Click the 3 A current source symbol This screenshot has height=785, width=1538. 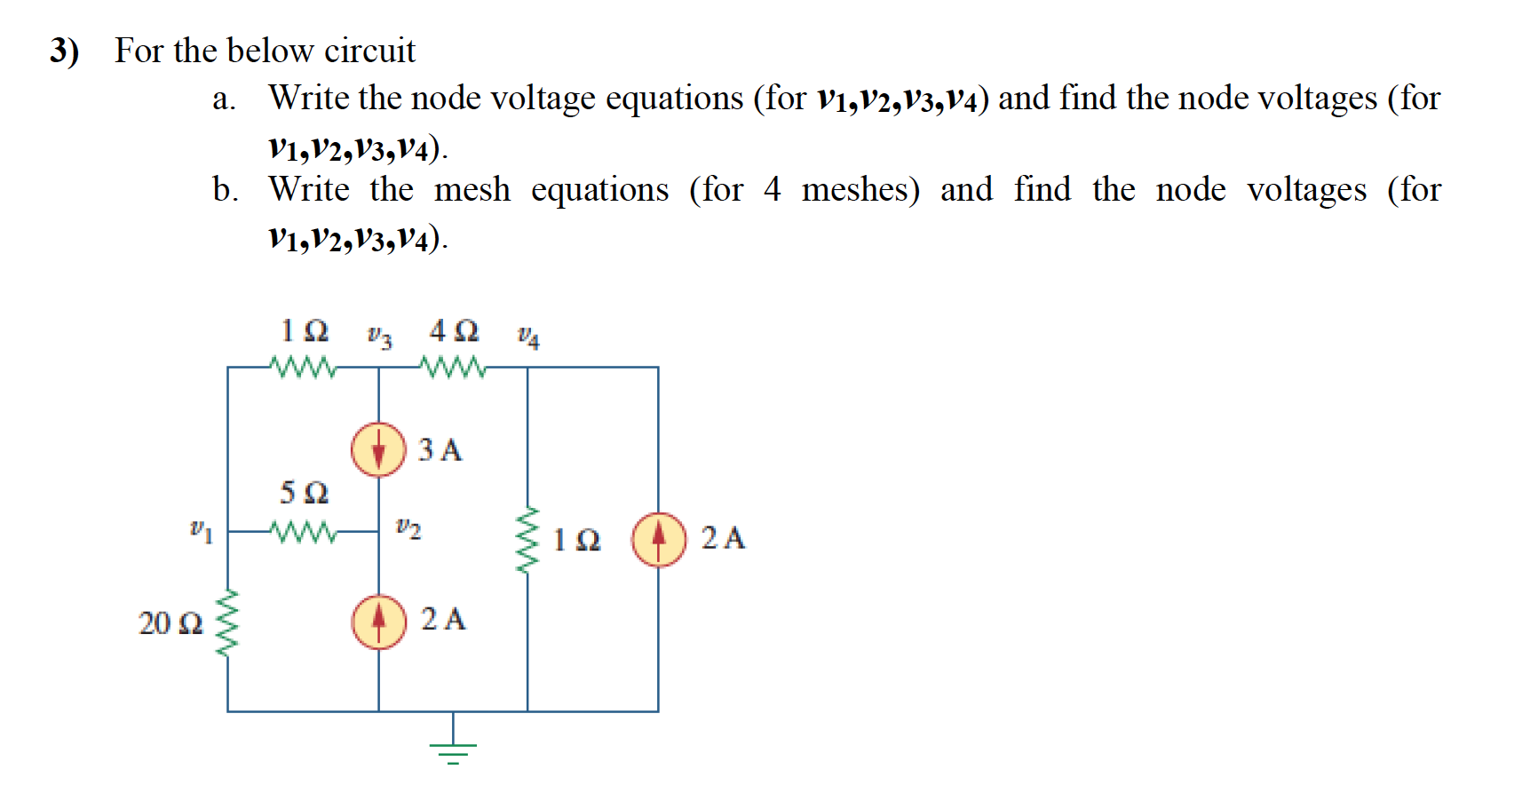point(379,449)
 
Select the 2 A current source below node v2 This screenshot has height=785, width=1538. point(379,622)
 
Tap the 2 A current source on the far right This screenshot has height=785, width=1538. point(659,539)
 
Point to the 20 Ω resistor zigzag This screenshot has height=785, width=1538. point(228,623)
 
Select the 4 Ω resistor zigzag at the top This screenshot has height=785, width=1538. point(454,366)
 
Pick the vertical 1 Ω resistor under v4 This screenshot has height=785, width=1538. point(527,540)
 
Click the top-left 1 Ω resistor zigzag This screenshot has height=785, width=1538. point(304,366)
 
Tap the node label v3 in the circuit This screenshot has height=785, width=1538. point(379,337)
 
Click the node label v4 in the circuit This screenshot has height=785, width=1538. point(528,337)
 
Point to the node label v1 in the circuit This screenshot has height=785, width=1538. point(202,530)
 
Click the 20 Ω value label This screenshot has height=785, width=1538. point(170,623)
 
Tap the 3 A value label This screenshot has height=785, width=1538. point(440,450)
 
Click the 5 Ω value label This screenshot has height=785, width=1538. point(304,492)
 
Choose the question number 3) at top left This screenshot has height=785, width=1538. point(64,51)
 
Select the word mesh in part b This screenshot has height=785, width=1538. point(472,189)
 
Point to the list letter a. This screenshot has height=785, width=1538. point(223,99)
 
